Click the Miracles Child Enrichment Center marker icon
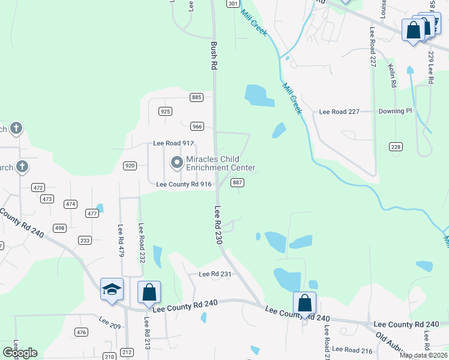point(177,163)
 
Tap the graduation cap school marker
point(112,289)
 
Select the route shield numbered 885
point(196,97)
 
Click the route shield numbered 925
point(166,111)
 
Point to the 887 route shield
point(237,182)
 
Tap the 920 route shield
point(130,166)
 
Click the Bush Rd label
point(213,56)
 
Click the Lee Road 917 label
point(174,143)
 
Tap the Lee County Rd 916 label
point(184,184)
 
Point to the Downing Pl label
point(396,111)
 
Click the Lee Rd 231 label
point(215,274)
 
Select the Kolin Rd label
point(394,76)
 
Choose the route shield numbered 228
point(396,147)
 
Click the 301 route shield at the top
point(233,4)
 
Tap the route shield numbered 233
point(85,240)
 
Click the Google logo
point(20,353)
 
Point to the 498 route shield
point(59,228)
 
